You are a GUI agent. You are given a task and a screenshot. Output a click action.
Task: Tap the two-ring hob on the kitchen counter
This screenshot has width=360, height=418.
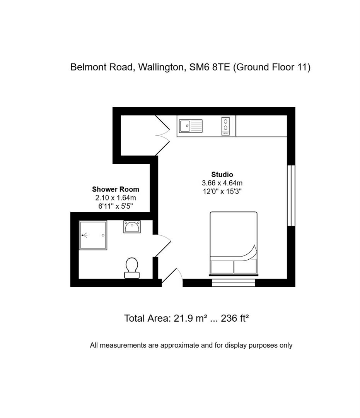225,126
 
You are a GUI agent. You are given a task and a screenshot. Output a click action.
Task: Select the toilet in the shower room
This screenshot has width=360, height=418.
132,268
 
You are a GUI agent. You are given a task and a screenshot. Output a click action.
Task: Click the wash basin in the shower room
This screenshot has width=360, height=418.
132,226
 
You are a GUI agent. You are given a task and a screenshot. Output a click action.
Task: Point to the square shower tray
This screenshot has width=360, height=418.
92,235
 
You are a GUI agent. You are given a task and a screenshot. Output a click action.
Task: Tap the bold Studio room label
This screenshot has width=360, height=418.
222,175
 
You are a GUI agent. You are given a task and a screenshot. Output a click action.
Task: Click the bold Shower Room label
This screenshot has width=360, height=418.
115,190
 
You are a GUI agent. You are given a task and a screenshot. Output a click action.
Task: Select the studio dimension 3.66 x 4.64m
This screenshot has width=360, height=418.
222,183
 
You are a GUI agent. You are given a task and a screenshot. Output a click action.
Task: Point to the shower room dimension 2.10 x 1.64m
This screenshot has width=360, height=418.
115,198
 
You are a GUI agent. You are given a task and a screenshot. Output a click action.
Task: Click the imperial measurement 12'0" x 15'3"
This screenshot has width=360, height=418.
222,191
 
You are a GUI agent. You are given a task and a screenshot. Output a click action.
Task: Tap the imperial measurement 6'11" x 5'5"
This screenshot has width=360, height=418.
115,206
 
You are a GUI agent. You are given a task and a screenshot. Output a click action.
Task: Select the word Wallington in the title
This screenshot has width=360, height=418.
160,67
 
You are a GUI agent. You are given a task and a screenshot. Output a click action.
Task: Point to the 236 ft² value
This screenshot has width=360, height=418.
234,319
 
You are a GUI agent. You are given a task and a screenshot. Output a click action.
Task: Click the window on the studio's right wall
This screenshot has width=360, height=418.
291,195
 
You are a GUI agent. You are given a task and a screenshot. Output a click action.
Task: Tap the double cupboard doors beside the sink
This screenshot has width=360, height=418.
163,135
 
